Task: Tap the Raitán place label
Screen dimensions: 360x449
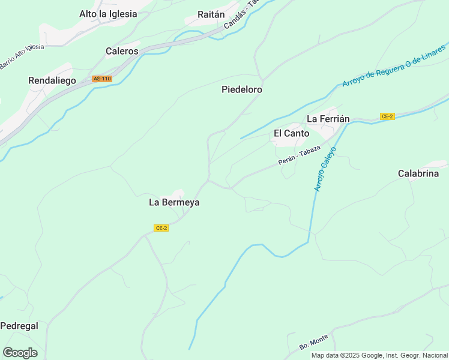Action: click(x=211, y=15)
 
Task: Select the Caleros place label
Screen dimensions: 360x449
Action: click(x=122, y=52)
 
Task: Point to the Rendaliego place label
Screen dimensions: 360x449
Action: click(x=52, y=80)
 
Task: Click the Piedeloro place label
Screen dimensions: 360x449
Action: click(x=242, y=89)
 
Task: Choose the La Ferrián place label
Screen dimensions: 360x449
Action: click(x=328, y=119)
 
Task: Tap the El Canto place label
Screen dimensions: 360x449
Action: click(x=292, y=133)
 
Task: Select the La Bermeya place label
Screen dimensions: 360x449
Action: click(x=174, y=203)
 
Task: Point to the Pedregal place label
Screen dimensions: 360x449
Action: click(x=19, y=326)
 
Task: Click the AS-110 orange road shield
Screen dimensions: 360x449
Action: click(x=102, y=79)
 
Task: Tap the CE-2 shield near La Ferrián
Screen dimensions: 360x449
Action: click(x=387, y=116)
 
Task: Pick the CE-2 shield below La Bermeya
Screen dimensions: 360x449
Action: click(x=161, y=228)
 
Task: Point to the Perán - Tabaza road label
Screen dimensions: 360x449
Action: click(x=299, y=156)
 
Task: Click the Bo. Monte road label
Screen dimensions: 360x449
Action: click(x=314, y=343)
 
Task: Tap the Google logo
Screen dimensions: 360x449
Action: click(x=20, y=353)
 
